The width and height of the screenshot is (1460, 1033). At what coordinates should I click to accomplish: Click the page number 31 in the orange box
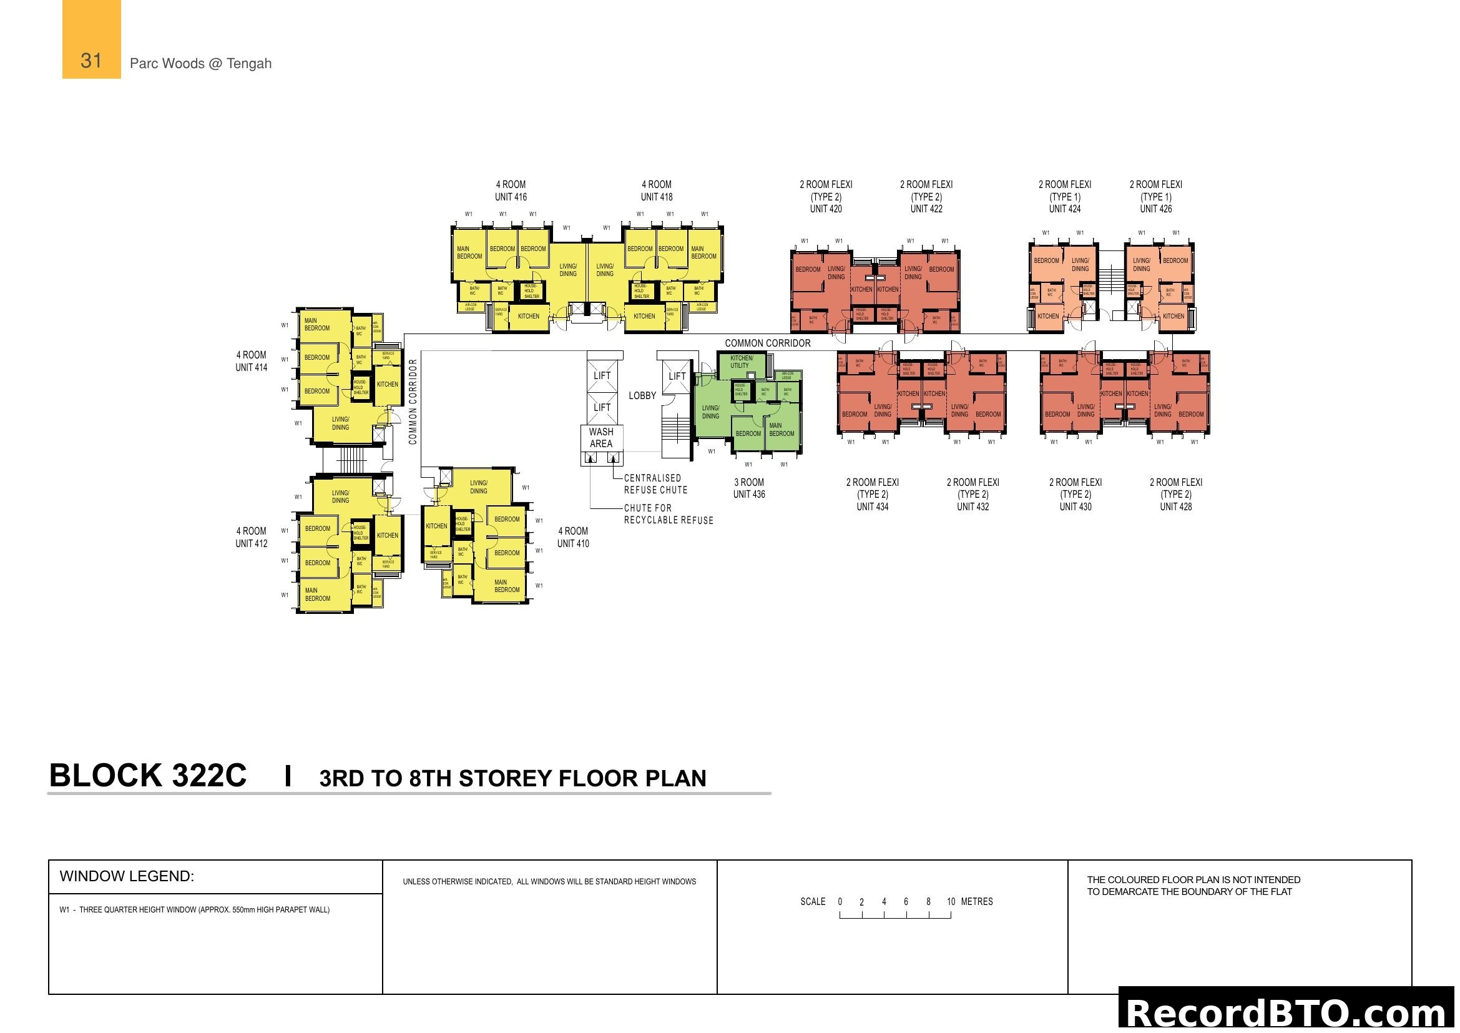[91, 61]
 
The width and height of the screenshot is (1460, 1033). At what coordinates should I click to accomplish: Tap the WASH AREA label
[600, 438]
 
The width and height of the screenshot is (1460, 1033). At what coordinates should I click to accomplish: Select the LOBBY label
[642, 395]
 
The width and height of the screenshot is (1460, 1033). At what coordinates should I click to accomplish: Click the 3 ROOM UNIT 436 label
[748, 488]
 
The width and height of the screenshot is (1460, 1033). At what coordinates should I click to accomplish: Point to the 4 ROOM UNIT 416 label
[511, 190]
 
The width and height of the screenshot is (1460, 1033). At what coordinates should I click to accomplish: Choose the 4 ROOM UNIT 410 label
[573, 537]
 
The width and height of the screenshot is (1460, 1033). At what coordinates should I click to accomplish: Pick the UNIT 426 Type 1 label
[1155, 196]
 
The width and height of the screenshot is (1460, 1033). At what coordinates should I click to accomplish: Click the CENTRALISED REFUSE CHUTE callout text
[655, 484]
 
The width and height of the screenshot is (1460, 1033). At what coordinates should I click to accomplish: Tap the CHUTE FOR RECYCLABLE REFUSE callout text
[668, 514]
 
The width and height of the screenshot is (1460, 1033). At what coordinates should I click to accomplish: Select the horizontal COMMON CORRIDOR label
[768, 343]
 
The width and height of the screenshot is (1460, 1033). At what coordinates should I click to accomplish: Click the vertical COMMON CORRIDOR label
[413, 402]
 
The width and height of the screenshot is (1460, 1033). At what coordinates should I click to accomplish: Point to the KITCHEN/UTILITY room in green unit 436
[741, 362]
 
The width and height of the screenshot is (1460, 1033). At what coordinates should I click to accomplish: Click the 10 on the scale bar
[951, 901]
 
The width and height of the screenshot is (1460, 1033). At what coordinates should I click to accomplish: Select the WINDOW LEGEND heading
[127, 876]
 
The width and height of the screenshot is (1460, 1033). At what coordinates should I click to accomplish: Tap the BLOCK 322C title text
[147, 776]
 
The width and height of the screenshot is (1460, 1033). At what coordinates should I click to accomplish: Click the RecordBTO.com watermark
[1288, 1012]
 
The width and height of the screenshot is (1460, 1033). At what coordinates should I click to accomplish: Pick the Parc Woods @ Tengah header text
[200, 64]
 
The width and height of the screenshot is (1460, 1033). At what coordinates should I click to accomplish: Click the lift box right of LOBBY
[677, 376]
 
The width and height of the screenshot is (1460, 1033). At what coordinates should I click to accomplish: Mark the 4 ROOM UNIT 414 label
[251, 360]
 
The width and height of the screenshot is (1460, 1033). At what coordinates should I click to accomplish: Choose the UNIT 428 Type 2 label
[1175, 494]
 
